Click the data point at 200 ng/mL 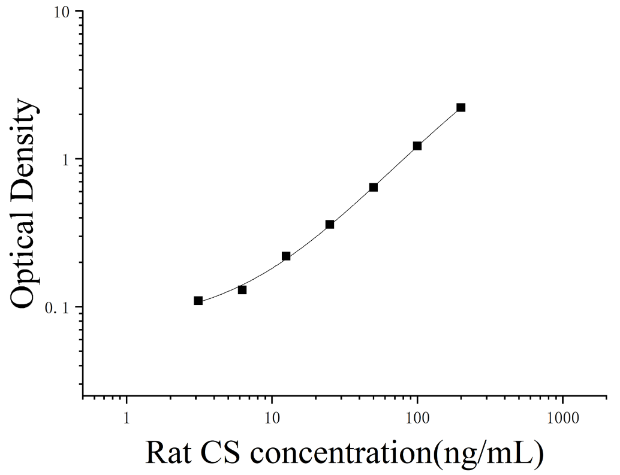click(461, 107)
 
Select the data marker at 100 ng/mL click(417, 146)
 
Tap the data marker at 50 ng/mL click(374, 187)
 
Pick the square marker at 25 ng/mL click(330, 224)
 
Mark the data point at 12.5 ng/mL click(286, 256)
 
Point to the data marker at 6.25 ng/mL click(242, 290)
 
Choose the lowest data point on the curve click(198, 301)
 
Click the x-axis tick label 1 click(126, 418)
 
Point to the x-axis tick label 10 click(272, 418)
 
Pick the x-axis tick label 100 click(417, 418)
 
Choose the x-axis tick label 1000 click(562, 418)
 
